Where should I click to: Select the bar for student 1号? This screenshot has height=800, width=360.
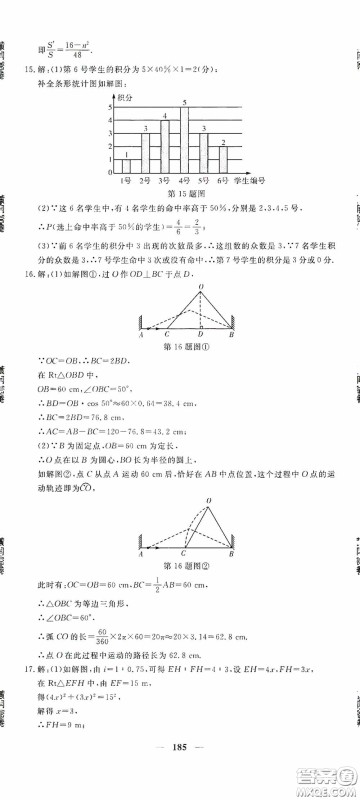(126, 165)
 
